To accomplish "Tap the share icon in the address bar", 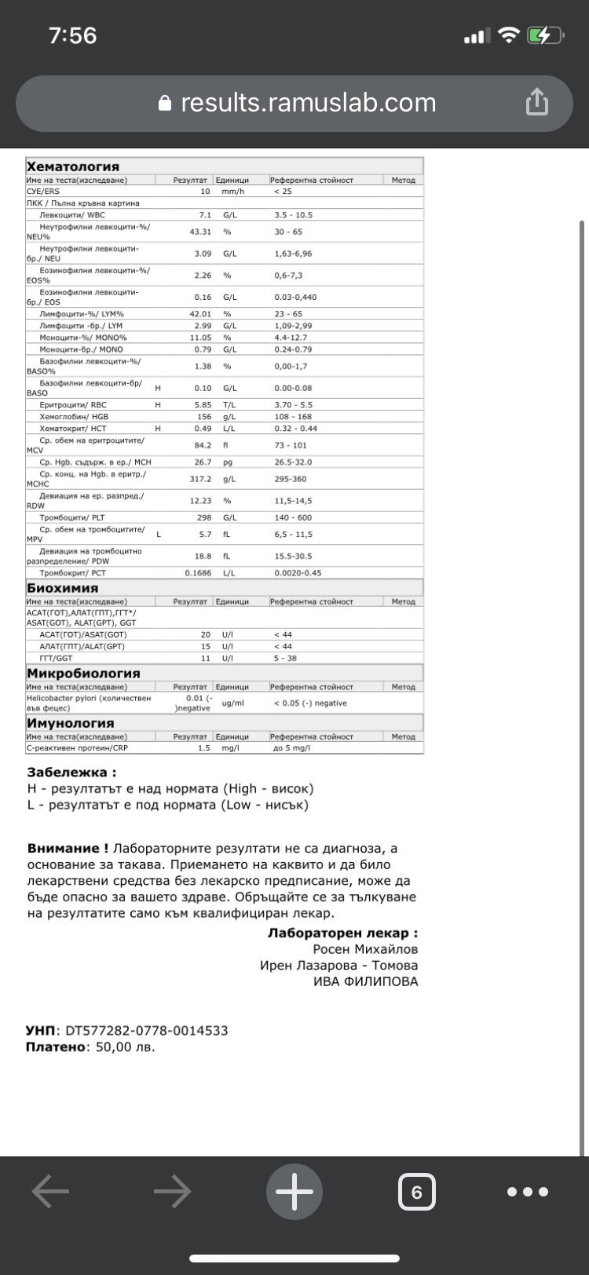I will pos(537,102).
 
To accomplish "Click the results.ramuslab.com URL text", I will pos(308,103).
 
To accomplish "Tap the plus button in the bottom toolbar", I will pos(294,1193).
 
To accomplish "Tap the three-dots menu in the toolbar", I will pos(528,1192).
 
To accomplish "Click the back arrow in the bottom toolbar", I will pos(50,1192).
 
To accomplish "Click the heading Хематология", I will pos(73,166).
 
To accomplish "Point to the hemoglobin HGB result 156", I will pos(203,417).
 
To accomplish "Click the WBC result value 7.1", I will pos(205,215).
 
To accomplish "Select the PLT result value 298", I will pos(203,517).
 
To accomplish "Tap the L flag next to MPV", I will pos(159,535).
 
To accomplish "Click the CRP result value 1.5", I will pos(204,748).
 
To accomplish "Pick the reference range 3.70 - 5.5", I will pos(293,405).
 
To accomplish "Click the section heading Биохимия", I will pos(63,588).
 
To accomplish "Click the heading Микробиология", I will pos(83,673).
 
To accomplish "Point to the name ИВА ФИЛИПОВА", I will pos(365,981).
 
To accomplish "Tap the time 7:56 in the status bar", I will pos(72,35).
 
